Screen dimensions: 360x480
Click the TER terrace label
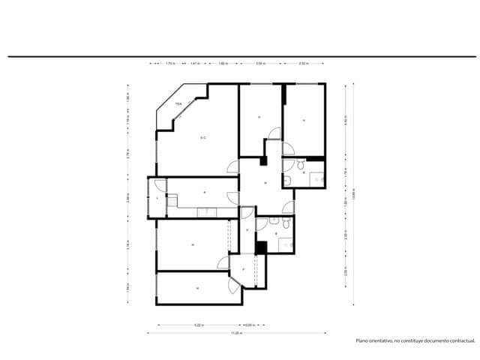coord(178,104)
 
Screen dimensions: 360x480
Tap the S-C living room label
coord(203,138)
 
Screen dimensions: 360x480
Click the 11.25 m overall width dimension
coord(235,333)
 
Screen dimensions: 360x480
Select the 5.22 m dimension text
coord(199,325)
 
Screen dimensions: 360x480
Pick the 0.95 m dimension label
coord(250,325)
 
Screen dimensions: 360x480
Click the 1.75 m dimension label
coord(170,64)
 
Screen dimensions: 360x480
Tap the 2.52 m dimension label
coord(303,64)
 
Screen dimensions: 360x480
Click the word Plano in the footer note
coord(363,341)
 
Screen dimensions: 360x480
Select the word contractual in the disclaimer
coord(458,341)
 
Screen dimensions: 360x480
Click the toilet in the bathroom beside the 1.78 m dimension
coord(298,164)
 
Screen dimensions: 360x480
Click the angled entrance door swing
coord(235,283)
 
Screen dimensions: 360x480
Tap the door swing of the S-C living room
coord(233,168)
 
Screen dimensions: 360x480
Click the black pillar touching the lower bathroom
coord(261,247)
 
